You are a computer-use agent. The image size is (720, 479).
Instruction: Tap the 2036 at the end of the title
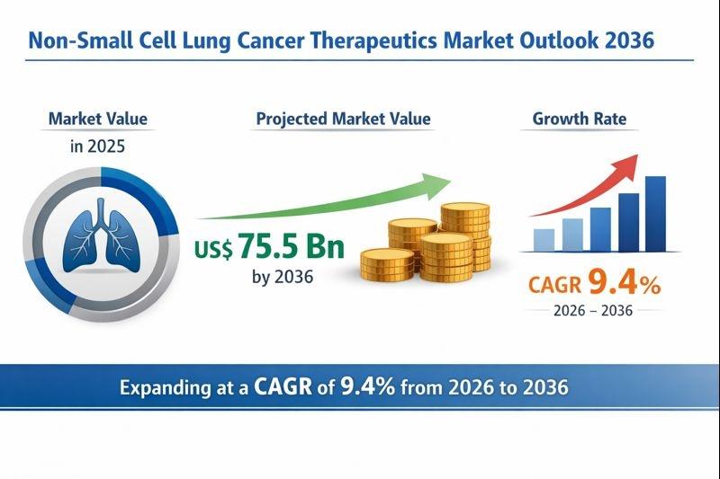627,41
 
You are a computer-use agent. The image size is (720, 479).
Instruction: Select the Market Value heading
98,119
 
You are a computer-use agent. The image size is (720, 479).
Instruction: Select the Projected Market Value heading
343,119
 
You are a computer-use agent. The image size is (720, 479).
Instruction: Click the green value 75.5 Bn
291,245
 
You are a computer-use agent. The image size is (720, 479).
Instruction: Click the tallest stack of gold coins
465,236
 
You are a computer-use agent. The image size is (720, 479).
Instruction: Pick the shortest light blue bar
544,239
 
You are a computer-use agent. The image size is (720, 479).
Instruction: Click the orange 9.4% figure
624,284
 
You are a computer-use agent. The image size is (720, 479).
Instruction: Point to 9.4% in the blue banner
368,387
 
